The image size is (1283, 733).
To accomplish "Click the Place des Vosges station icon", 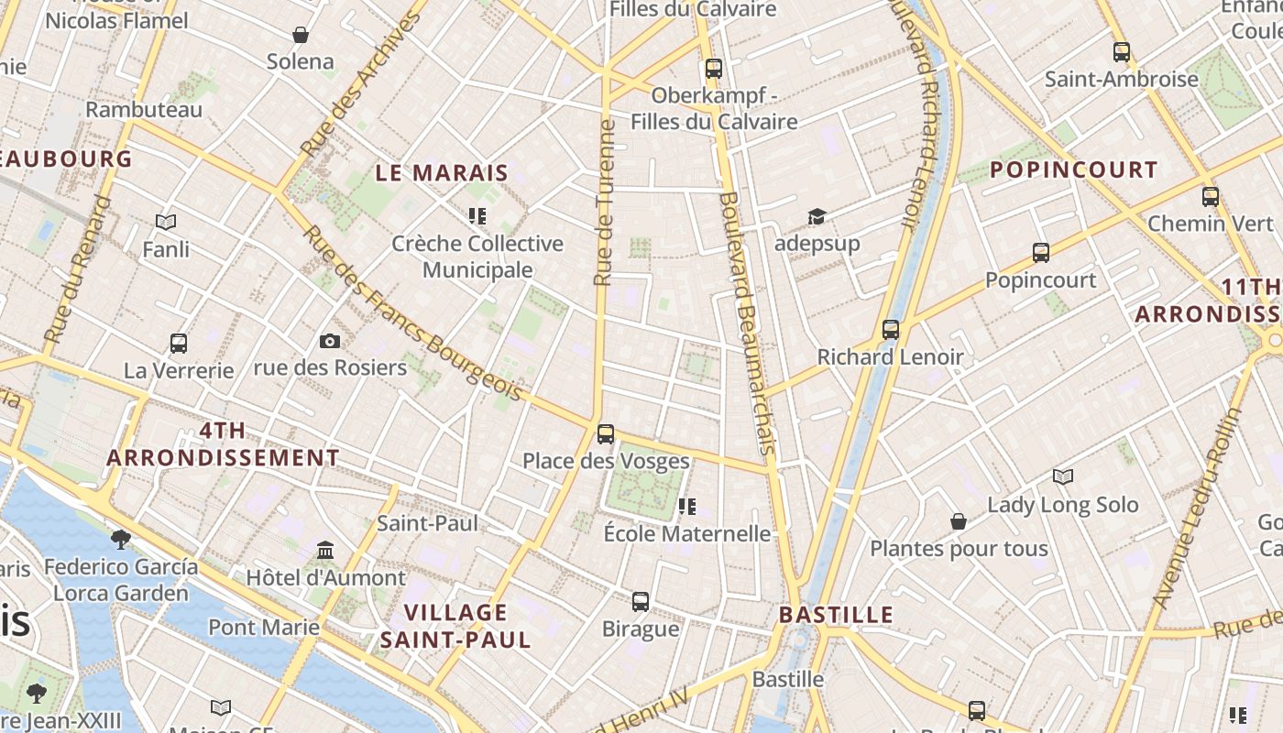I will coord(605,434).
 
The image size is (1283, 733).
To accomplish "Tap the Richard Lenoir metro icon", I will coord(890,330).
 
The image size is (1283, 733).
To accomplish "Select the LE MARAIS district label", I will coord(442,172).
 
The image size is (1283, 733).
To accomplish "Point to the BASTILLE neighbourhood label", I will coord(836,614).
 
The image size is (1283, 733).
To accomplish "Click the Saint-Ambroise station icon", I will coord(1121,52).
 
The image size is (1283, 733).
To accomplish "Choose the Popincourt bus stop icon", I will coord(1040,253).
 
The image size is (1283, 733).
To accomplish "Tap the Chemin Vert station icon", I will coord(1210,196).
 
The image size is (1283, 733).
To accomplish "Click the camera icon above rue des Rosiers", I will coord(330,341).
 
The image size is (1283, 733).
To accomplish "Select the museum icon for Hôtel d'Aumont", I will coord(325,551).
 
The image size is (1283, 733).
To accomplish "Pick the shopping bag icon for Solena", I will coord(300,35).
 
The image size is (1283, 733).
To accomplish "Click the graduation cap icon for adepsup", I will coord(817,216).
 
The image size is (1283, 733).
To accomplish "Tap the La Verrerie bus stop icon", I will coord(179,344).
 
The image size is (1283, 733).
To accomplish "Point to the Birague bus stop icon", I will coord(641,602).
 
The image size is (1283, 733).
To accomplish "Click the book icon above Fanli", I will coord(166,222).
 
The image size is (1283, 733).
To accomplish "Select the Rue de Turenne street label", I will coord(604,202).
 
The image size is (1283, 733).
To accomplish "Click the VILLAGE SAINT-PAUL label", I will coord(455,626).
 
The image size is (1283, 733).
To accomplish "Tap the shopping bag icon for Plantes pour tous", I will coord(958,521).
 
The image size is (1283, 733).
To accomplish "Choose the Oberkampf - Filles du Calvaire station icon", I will coord(713,69).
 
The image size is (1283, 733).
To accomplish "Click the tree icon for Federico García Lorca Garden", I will coord(120,539).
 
